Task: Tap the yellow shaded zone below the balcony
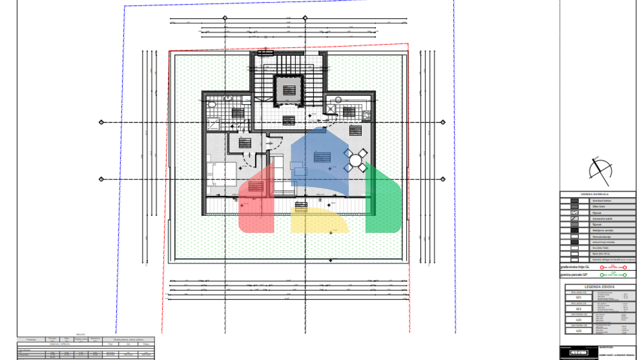point(319,221)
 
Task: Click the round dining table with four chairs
point(355,160)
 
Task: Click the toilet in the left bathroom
point(212,104)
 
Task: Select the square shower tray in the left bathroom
point(213,124)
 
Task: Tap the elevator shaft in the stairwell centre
point(288,90)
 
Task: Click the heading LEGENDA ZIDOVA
point(599,287)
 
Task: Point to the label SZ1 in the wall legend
point(578,297)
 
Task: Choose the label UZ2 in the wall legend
point(578,331)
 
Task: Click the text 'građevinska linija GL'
point(575,267)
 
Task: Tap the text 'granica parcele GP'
point(574,275)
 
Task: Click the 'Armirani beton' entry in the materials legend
point(602,201)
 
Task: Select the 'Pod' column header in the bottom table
point(110,344)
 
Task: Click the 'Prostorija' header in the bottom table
point(31,340)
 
